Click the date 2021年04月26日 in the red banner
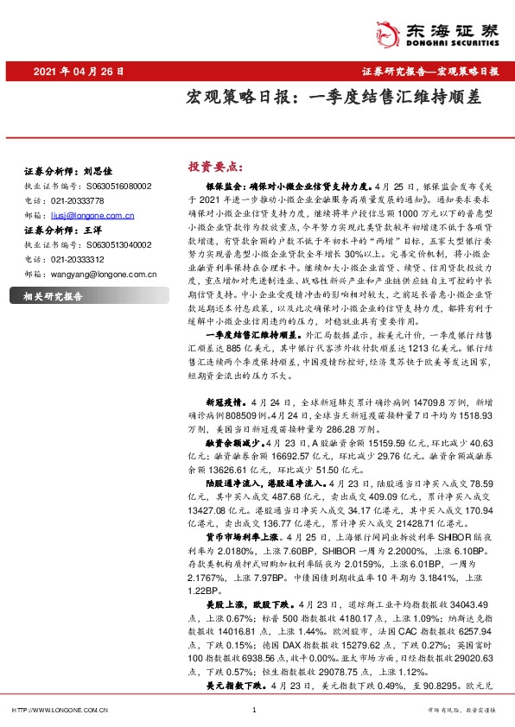tap(80, 71)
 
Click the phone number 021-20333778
tap(77, 199)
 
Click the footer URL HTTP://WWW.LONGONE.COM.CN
tap(58, 711)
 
